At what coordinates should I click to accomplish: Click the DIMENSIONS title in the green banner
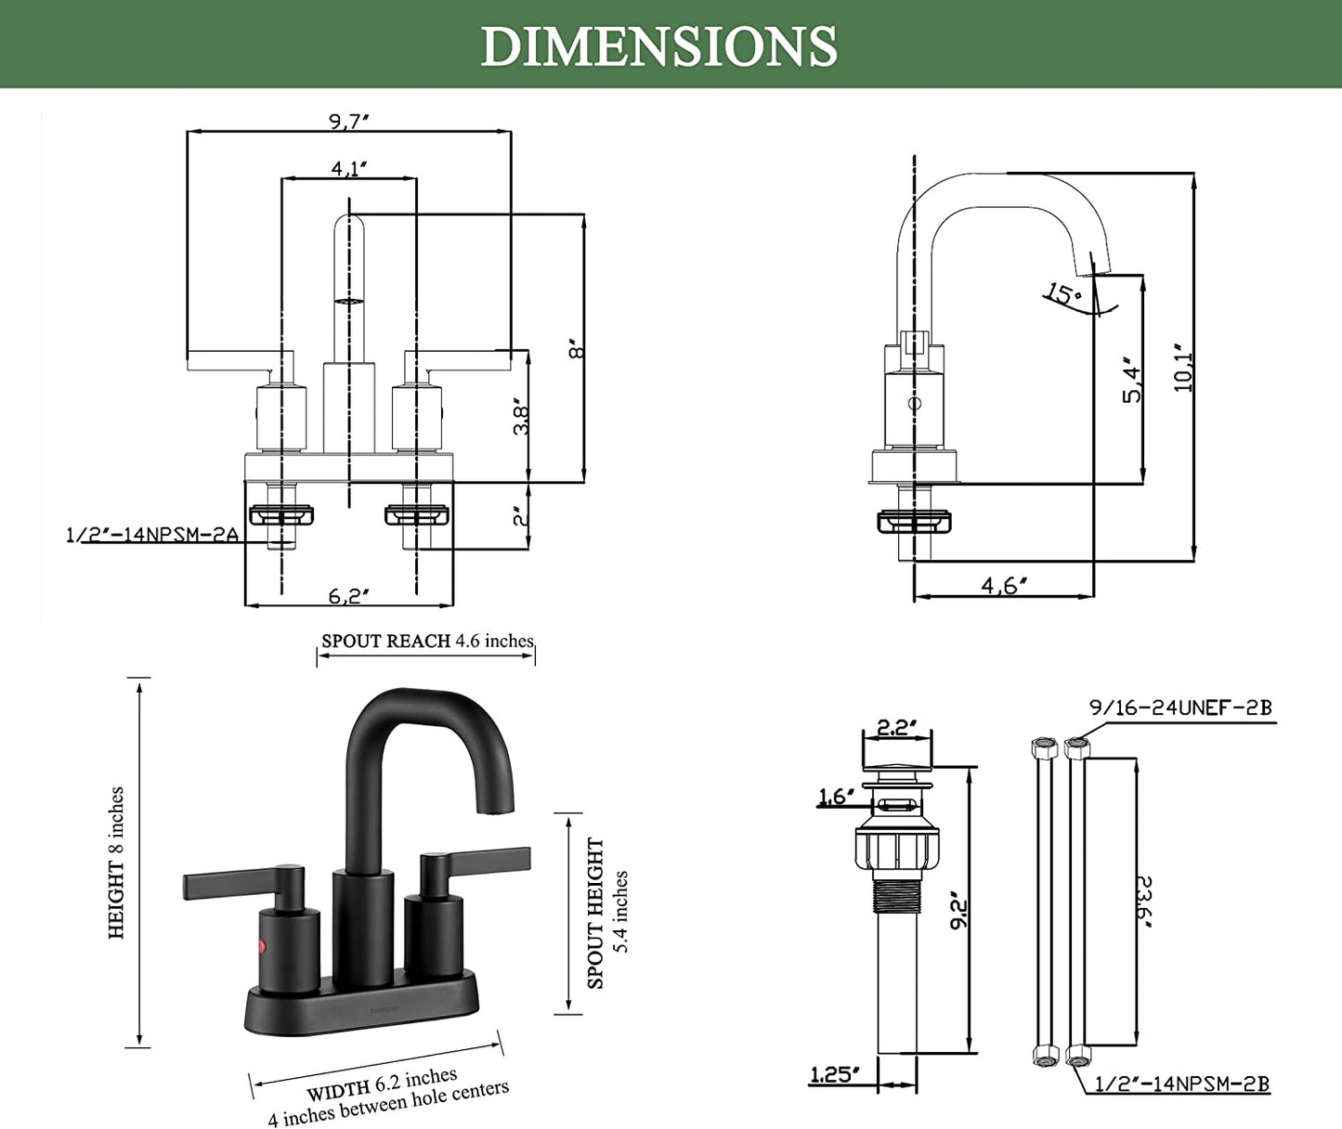(658, 46)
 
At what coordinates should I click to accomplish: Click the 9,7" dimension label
(349, 121)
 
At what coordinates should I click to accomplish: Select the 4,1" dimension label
(349, 168)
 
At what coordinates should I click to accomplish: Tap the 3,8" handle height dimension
(522, 418)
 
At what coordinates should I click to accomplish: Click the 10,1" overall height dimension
(1182, 368)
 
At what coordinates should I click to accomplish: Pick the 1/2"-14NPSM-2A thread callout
(152, 535)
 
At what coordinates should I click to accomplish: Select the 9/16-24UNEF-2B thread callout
(1179, 707)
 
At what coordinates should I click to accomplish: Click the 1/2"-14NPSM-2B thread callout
(1181, 1084)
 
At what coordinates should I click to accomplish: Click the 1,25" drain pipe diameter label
(834, 1075)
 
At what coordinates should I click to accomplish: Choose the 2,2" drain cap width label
(896, 727)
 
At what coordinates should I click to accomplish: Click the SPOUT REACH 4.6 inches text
(427, 641)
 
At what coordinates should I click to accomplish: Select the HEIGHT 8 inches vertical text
(116, 863)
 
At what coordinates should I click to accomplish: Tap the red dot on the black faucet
(261, 947)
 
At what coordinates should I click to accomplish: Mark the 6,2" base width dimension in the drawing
(349, 596)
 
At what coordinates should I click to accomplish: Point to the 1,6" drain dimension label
(835, 797)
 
